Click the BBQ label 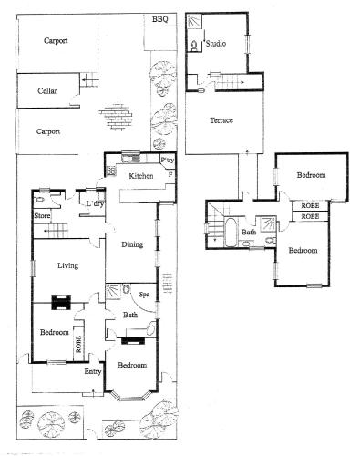159,19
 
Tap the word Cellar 47,91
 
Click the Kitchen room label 140,175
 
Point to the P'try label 168,161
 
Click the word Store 42,216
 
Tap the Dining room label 131,244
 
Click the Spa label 144,294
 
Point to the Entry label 93,371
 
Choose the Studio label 216,43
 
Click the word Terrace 221,120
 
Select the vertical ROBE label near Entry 79,345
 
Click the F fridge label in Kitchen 170,173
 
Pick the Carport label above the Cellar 56,40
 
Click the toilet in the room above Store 39,199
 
